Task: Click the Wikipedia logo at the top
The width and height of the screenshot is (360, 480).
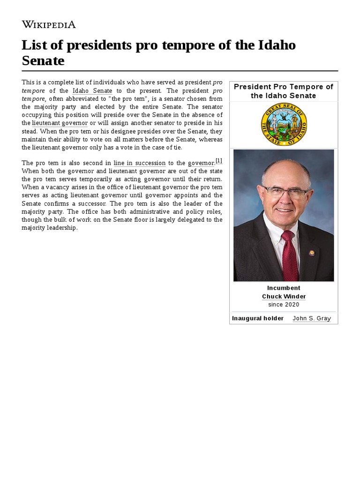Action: [48, 24]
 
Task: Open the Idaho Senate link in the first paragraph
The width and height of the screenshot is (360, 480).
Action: [92, 90]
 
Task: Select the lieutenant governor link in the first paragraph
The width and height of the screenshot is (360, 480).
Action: [60, 123]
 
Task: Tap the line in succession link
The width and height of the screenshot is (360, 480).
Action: [139, 163]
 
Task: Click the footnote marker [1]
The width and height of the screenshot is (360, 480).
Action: [219, 161]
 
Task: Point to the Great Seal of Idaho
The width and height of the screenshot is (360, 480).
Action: [284, 124]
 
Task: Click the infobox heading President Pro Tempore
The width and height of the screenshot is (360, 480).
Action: [283, 87]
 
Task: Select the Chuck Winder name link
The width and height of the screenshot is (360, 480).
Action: [284, 296]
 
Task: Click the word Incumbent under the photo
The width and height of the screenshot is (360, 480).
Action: [284, 288]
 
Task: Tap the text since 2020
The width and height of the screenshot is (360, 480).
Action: [284, 305]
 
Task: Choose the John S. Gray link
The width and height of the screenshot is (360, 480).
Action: [312, 318]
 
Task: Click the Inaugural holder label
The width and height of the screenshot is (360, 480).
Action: [258, 318]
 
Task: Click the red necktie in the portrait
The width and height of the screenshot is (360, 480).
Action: [289, 255]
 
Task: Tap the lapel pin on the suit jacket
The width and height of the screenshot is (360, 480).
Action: [311, 253]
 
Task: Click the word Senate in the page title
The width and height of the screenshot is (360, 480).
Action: [43, 61]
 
